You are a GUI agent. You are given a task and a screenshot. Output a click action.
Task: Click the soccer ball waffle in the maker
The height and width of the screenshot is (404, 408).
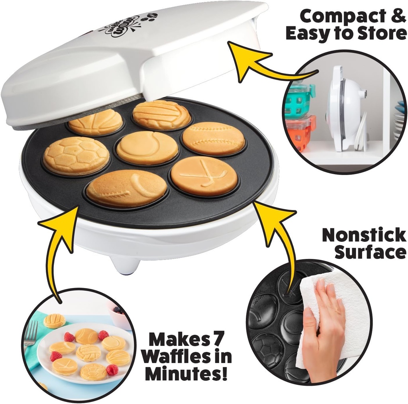tap(76, 156)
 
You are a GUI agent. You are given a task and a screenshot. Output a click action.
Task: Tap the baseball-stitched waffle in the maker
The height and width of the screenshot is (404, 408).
tap(214, 138)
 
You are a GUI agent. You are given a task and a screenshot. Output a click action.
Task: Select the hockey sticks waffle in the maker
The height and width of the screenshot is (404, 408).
tap(204, 176)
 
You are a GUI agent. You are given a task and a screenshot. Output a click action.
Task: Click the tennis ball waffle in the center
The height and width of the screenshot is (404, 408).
tap(147, 147)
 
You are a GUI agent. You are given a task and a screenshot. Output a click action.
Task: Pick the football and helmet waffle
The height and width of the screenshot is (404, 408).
tap(127, 188)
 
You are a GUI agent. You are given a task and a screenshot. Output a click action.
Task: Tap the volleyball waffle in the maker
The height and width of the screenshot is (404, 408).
tap(161, 114)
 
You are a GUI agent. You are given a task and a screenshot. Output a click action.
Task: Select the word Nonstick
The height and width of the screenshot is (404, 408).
tap(363, 235)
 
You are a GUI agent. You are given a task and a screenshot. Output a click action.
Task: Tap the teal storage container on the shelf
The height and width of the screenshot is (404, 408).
tap(300, 100)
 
